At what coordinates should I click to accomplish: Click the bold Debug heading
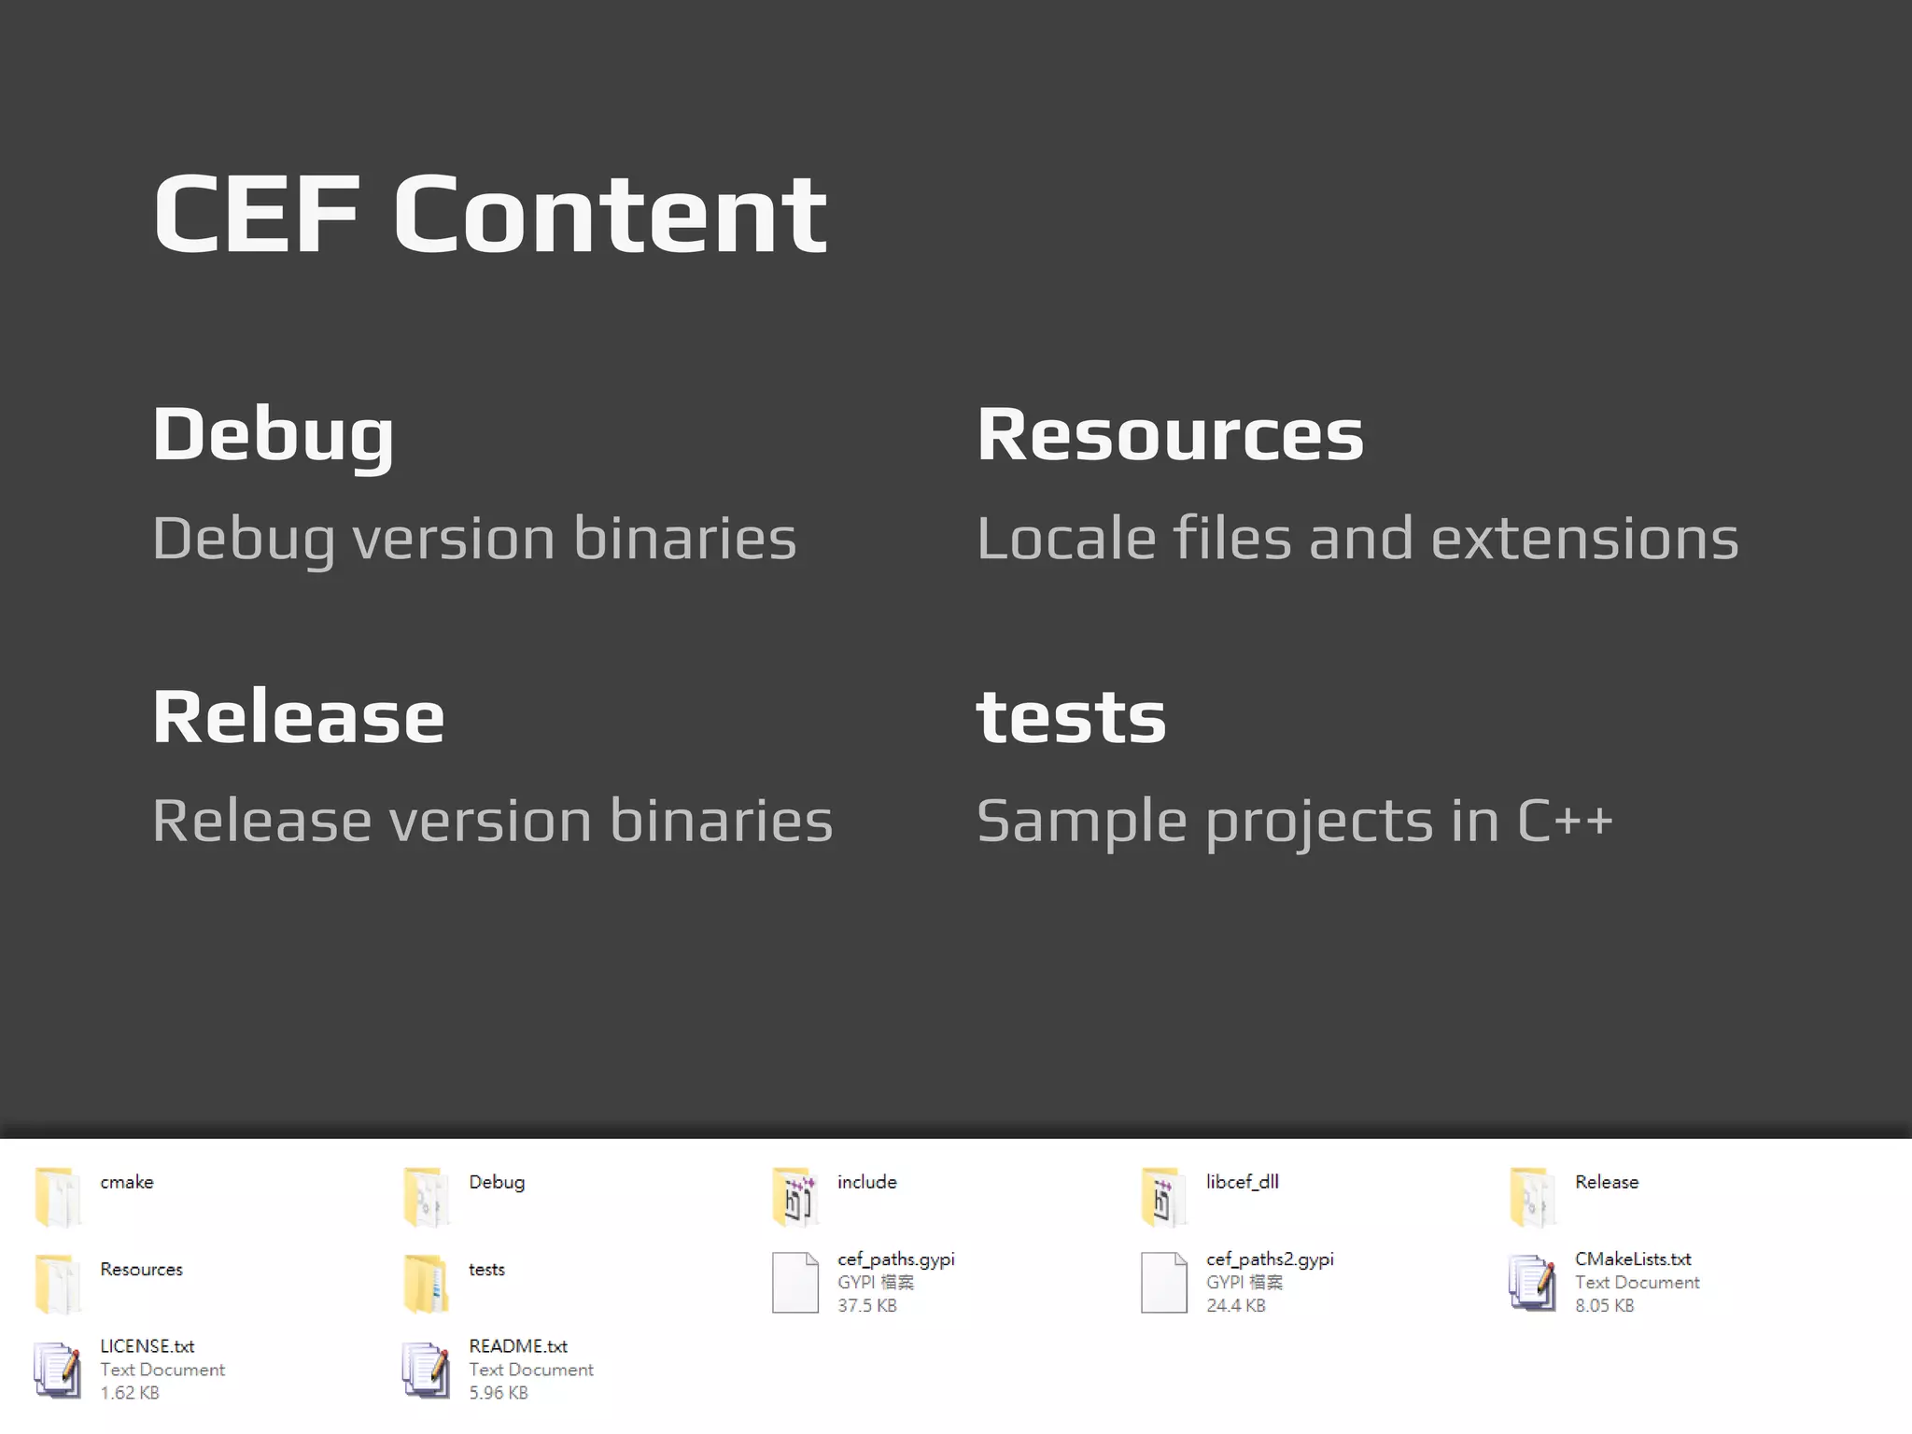(273, 435)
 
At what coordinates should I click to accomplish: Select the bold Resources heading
(1169, 435)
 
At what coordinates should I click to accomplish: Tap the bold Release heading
(298, 717)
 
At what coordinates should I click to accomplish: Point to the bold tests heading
(1071, 717)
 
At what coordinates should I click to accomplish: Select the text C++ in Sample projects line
(1565, 821)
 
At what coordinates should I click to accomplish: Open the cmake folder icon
(56, 1196)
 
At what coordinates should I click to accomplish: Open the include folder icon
(794, 1196)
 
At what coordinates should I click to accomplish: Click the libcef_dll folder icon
(1162, 1196)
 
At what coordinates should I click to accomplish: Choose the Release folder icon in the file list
(1532, 1196)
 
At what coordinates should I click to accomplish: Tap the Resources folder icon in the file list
(56, 1284)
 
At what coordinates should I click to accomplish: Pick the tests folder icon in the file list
(426, 1284)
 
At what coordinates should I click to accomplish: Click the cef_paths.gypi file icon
(794, 1283)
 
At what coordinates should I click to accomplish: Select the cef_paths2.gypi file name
(1269, 1259)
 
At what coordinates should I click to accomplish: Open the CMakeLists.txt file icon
(1532, 1283)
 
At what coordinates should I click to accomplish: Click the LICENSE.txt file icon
(56, 1370)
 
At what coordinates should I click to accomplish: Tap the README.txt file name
(517, 1346)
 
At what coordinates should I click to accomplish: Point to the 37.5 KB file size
(866, 1305)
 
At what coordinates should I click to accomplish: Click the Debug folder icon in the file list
(426, 1196)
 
